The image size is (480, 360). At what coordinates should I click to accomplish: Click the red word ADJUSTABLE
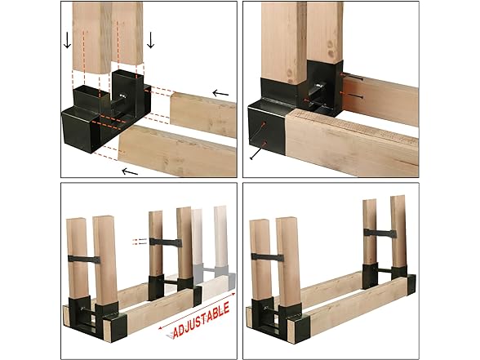(201, 320)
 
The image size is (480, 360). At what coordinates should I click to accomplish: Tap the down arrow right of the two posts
(150, 40)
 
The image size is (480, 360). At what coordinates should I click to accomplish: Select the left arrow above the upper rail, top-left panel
(220, 93)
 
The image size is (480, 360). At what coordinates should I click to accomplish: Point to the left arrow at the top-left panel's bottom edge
(130, 171)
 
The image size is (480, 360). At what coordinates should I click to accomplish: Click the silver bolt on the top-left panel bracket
(123, 96)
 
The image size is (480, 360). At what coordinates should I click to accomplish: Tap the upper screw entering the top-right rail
(352, 78)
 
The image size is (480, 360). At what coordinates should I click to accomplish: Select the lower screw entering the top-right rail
(352, 96)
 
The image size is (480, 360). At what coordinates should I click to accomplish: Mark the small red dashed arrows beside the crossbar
(140, 242)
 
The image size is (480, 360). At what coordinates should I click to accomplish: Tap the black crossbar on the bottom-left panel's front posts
(84, 260)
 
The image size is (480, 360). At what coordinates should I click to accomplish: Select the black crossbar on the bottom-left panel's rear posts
(166, 242)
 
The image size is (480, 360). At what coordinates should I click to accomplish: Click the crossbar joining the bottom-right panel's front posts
(267, 257)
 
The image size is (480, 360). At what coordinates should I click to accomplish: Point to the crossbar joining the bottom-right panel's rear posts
(380, 233)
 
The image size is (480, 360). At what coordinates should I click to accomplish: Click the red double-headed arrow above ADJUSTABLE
(198, 311)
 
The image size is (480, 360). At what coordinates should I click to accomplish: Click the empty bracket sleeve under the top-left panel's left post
(87, 96)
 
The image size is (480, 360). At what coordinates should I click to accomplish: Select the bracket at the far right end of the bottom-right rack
(411, 284)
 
